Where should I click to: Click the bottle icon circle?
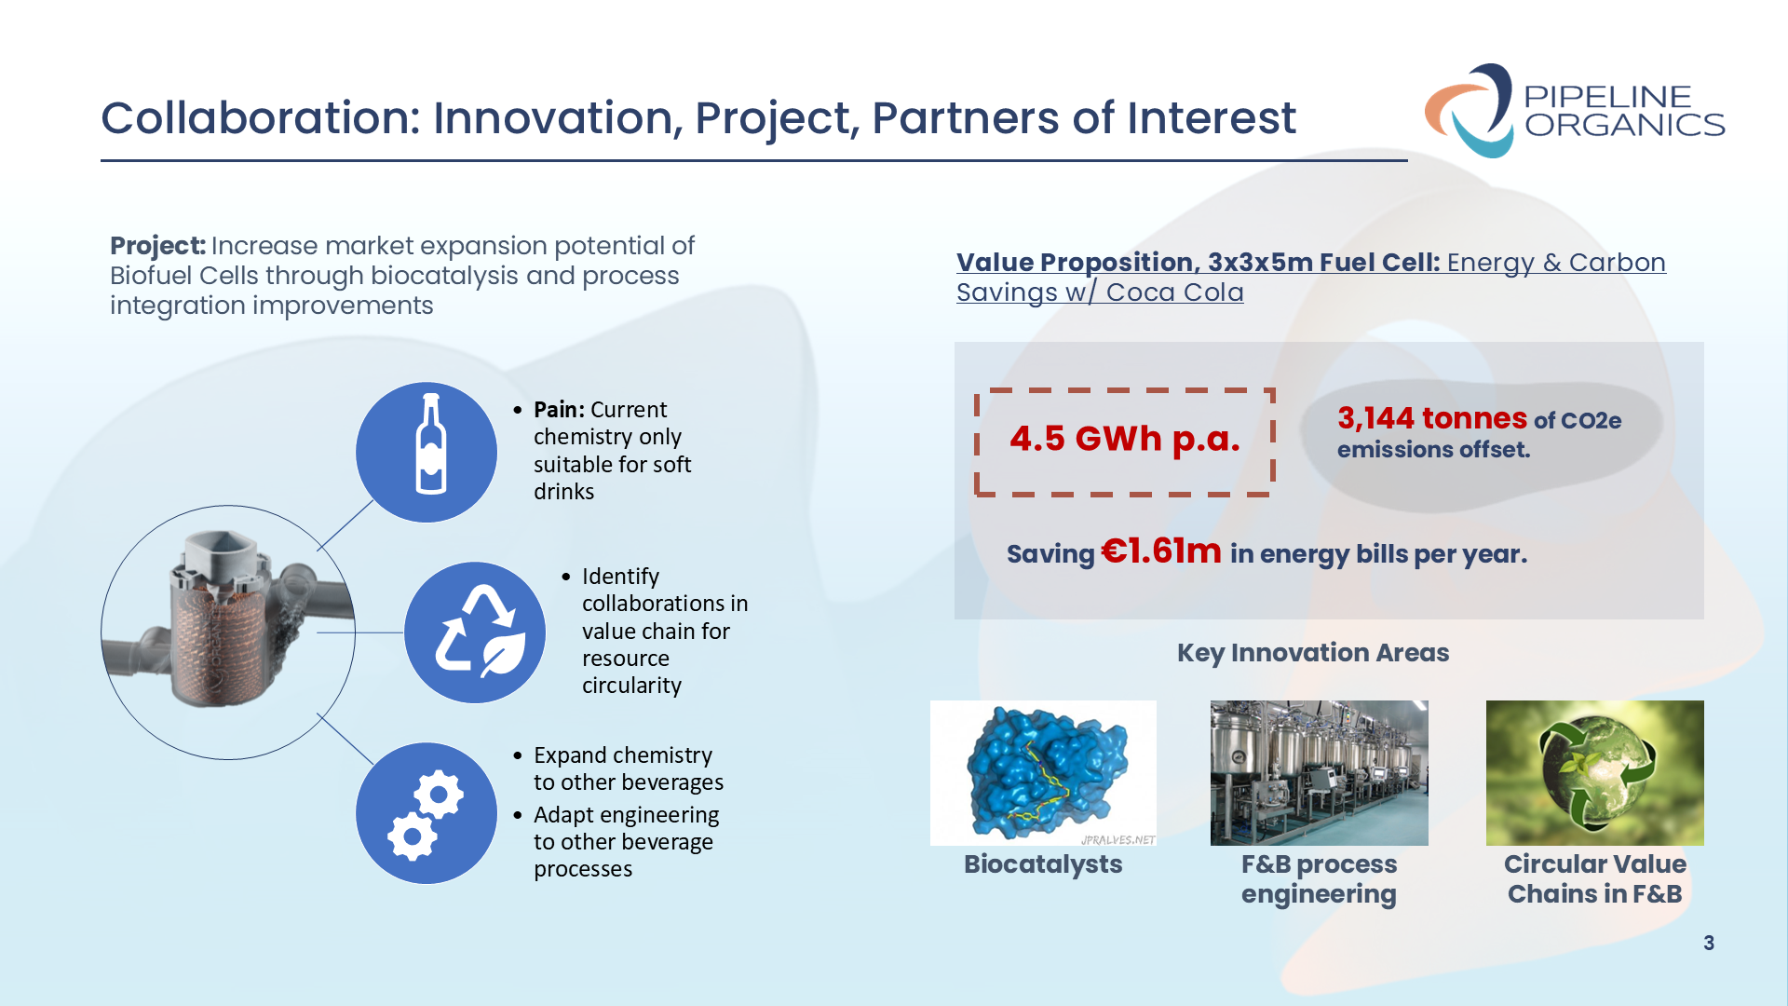427,453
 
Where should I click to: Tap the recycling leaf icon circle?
475,632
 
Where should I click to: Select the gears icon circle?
427,813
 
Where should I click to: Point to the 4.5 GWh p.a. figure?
1125,439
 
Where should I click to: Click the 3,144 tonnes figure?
1432,418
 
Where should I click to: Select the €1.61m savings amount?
1161,551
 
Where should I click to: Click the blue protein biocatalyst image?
1043,773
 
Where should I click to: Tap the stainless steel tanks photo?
1319,773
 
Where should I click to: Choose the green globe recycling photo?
1594,773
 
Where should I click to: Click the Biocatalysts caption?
1043,864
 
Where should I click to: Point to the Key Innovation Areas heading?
1313,653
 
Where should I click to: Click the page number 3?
1709,944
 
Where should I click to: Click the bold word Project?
157,246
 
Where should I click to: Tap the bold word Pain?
559,410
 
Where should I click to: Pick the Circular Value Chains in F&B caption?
1594,879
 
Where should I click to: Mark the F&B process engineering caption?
1319,879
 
